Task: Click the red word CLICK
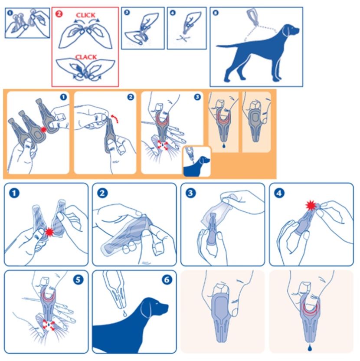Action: (x=85, y=15)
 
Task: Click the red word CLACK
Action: (x=86, y=57)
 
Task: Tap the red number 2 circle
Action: (x=59, y=14)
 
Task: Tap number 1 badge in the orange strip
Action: (x=63, y=97)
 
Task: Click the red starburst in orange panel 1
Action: (x=43, y=130)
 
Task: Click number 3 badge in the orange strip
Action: (x=197, y=97)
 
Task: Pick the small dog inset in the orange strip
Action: (x=197, y=162)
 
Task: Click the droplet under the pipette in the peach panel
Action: (x=223, y=145)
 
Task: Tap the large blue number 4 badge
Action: (x=279, y=193)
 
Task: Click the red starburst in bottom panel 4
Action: (x=311, y=206)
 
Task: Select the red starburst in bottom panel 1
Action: (x=49, y=232)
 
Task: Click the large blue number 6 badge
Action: (x=167, y=280)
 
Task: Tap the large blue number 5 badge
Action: (x=78, y=280)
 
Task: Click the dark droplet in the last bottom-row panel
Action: (x=310, y=348)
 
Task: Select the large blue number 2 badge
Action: (x=102, y=193)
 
